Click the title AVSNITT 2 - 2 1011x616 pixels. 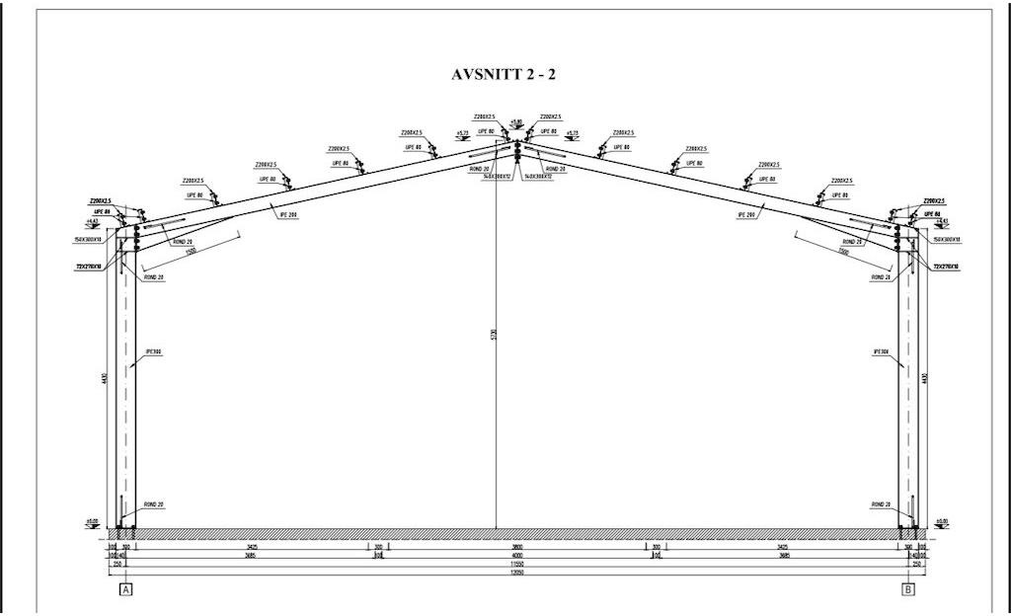click(509, 75)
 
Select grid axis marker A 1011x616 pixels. click(125, 589)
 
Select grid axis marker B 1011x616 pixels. click(907, 589)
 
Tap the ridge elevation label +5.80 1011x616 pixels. click(515, 122)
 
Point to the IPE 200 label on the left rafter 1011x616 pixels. click(287, 215)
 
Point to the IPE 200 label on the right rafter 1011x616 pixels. click(745, 214)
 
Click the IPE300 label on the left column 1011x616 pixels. click(153, 351)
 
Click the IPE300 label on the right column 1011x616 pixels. click(882, 351)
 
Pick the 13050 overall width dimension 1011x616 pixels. click(515, 572)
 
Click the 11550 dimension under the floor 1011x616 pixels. click(515, 564)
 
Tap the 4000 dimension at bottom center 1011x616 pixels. click(515, 555)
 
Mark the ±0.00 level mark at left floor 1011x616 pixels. click(93, 521)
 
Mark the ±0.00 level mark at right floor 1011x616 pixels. click(940, 521)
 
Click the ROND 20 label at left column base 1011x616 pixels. click(154, 504)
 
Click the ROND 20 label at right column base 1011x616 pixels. click(881, 504)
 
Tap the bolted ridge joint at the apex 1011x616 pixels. click(515, 150)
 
